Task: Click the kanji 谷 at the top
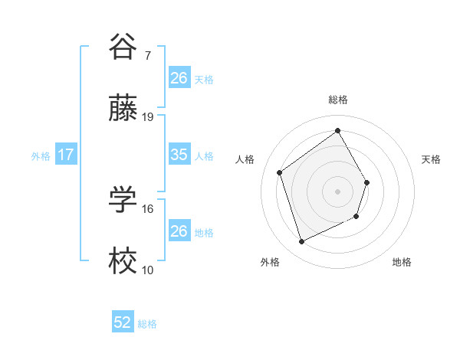(123, 47)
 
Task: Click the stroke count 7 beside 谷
(148, 56)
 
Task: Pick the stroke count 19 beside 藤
(149, 117)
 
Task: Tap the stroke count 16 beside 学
(149, 208)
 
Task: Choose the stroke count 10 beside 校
(148, 270)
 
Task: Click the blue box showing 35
(179, 155)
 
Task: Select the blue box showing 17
(66, 155)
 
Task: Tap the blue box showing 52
(123, 322)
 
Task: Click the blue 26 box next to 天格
(179, 77)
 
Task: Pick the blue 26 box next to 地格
(179, 231)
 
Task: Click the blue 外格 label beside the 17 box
(41, 155)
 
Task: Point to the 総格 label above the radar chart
(338, 100)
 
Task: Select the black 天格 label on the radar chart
(432, 159)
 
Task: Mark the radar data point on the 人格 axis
(280, 172)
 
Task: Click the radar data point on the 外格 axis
(301, 242)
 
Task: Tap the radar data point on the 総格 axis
(337, 130)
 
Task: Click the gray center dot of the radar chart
(337, 191)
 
